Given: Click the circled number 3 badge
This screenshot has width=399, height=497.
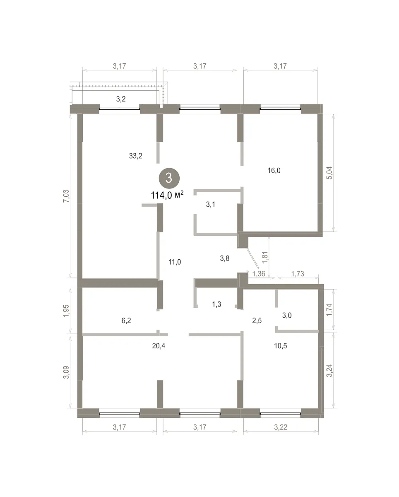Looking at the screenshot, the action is pos(169,178).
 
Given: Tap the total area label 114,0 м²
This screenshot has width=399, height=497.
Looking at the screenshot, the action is pos(167,195).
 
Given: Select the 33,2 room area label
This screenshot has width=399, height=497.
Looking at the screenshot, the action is pos(136,156).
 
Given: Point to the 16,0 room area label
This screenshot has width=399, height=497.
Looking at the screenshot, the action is pos(274,171).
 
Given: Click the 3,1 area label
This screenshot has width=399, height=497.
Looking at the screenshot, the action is pos(210,204).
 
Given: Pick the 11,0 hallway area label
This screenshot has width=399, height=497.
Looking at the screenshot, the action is pos(175,262).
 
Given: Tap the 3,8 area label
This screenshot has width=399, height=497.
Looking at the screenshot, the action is pos(224,258).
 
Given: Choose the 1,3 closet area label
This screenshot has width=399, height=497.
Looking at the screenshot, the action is pos(216,304).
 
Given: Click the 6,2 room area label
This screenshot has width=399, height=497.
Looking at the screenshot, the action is pos(126,320).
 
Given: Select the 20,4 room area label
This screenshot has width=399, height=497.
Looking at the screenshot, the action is pos(159,346).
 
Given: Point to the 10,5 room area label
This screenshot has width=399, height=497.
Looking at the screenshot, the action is pos(281,346).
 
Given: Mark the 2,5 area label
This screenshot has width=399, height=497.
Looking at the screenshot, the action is pos(257,320).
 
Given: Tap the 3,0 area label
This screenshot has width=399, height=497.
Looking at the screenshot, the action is pos(287,315).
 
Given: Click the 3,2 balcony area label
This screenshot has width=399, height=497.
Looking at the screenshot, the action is pos(121,99).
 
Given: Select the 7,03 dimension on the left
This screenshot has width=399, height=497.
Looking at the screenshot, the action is pos(66,196).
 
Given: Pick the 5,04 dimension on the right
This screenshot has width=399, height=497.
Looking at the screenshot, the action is pos(329,173).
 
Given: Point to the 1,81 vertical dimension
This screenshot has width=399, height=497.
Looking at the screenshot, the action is pos(265,257).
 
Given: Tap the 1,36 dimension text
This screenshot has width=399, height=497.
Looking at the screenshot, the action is pos(259,274).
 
